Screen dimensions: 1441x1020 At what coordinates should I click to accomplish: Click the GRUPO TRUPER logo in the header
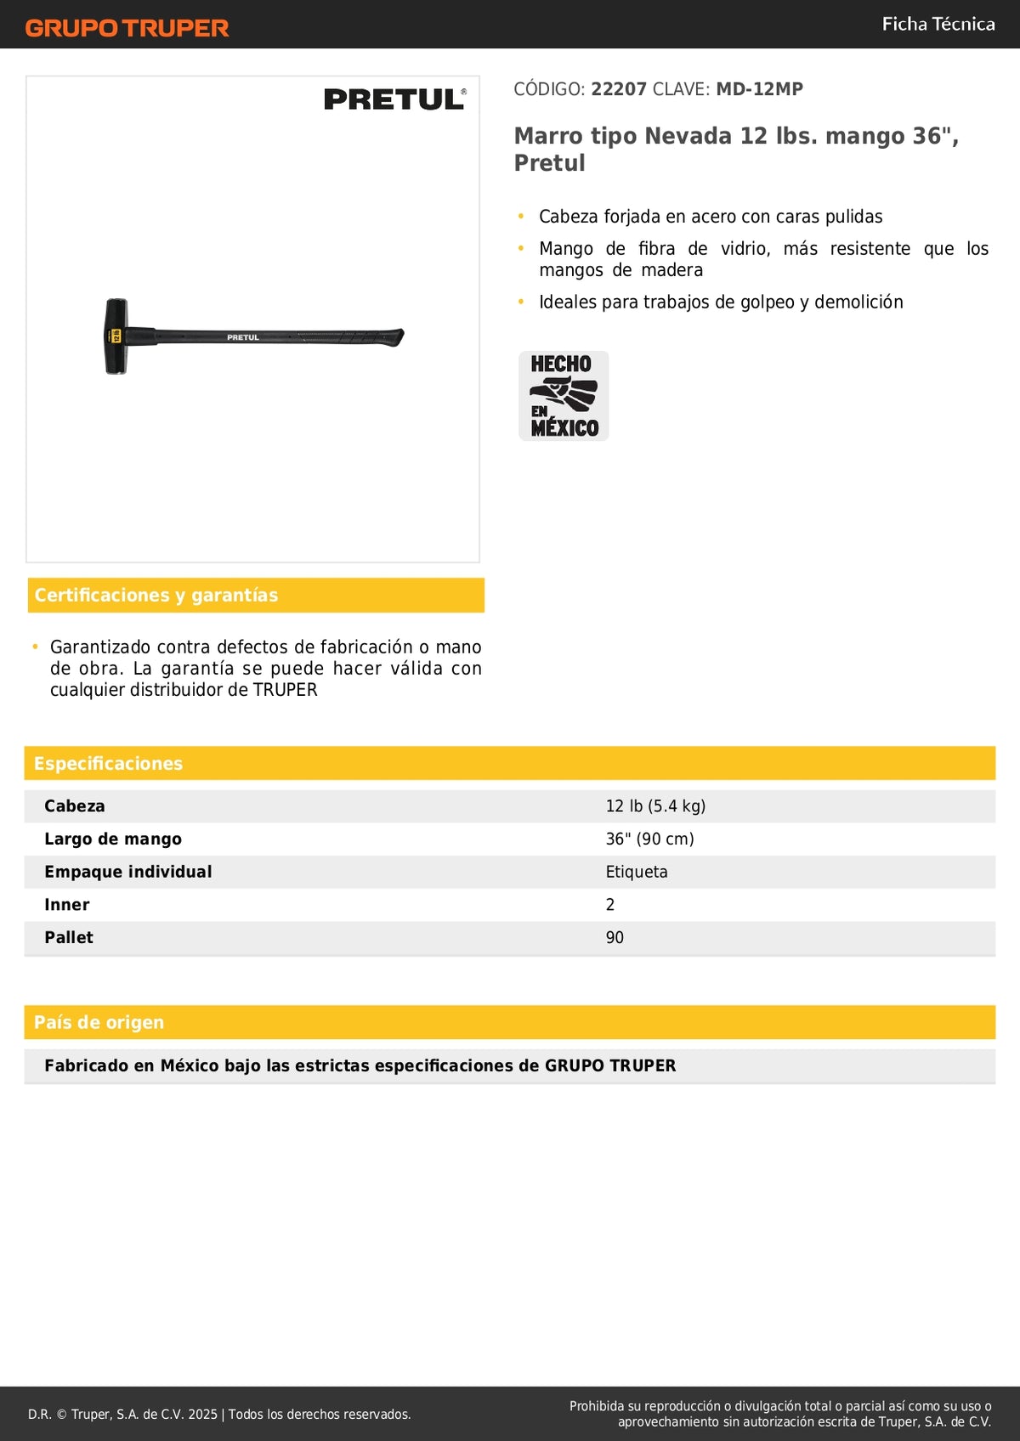point(127,28)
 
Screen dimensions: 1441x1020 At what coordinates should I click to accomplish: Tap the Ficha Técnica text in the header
point(938,24)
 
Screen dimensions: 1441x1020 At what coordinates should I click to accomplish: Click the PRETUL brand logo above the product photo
point(394,99)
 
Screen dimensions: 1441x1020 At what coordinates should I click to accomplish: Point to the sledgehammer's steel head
point(116,336)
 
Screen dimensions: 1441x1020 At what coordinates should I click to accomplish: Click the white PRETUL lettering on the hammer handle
point(243,337)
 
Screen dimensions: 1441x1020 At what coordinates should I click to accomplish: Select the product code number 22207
point(619,89)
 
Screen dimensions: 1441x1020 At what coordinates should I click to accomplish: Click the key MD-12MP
point(759,89)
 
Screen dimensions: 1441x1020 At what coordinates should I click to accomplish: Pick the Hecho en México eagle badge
point(564,396)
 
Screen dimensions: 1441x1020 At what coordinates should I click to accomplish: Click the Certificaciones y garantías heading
point(156,595)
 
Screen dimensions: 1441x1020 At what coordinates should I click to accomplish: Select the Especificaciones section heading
point(108,763)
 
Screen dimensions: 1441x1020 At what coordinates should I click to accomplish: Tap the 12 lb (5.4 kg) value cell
point(655,806)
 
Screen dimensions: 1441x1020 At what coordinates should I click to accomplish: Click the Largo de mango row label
point(113,839)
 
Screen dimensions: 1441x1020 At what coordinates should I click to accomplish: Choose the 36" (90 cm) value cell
point(649,839)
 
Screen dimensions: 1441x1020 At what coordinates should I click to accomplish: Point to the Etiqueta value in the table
point(637,872)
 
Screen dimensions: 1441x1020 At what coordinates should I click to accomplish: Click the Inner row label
point(67,905)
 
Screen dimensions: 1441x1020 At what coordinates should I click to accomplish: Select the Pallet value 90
point(615,937)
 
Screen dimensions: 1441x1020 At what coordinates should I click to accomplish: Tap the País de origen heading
point(99,1022)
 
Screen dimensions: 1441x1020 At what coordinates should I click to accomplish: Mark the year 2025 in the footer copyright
point(202,1414)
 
